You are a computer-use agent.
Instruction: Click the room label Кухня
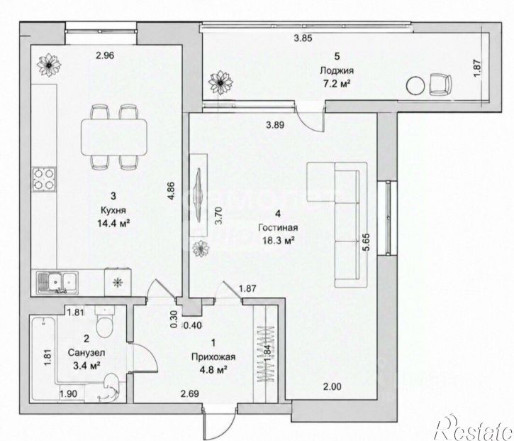pos(113,209)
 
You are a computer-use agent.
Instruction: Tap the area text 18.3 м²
pos(278,241)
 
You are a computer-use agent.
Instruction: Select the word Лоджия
pos(337,70)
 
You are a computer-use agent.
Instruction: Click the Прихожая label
pos(213,357)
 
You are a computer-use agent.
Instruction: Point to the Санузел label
pos(86,353)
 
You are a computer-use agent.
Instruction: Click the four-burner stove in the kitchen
pos(44,179)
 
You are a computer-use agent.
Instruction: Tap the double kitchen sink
pos(57,283)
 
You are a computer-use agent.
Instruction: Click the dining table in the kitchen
pos(113,136)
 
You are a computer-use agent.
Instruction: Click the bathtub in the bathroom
pos(43,358)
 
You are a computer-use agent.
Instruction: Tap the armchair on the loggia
pos(440,85)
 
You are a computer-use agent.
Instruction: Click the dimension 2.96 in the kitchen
pos(105,55)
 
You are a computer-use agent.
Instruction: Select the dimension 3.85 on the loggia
pos(303,38)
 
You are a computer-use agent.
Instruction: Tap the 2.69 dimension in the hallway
pos(189,393)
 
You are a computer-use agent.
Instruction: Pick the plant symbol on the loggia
pos(220,83)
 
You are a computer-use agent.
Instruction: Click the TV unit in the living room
pos(199,195)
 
